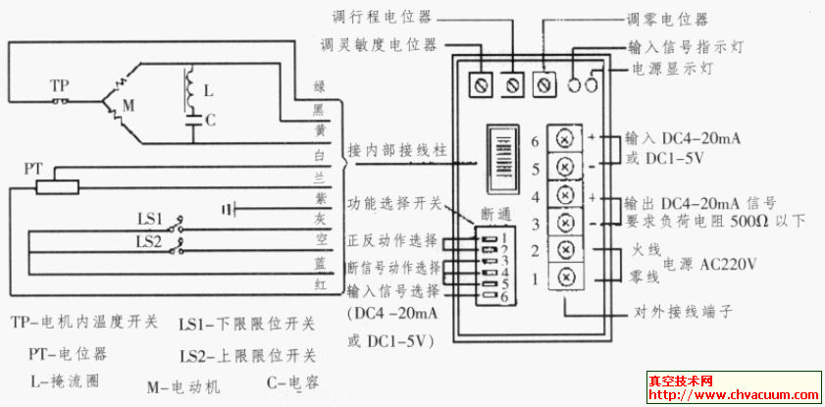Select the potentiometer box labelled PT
(x=57, y=185)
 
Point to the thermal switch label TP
(x=59, y=86)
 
